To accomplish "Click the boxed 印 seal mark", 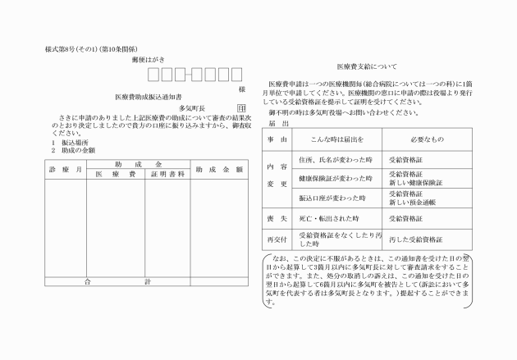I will point(240,107).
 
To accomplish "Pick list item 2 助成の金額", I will point(73,150).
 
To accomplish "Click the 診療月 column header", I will point(66,169).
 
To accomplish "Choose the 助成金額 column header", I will point(219,169).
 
